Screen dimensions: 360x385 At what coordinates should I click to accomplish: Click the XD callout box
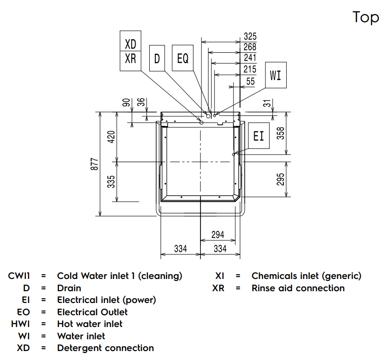coord(130,44)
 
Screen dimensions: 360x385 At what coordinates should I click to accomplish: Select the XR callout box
coord(130,59)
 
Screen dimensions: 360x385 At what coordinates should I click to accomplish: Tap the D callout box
coord(157,58)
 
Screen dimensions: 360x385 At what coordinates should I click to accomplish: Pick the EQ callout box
coord(183,58)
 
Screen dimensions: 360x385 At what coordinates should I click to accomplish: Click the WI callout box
coord(275,75)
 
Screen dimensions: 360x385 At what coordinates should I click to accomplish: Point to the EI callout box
coord(259,136)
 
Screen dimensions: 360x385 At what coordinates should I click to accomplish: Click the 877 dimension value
coord(95,164)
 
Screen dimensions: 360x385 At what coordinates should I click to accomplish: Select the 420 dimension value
coord(112,137)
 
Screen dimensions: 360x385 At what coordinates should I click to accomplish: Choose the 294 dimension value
coord(217,234)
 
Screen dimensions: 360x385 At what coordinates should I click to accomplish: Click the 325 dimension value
coord(250,36)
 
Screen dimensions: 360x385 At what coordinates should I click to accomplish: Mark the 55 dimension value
coord(250,81)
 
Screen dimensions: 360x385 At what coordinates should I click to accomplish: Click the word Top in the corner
coord(366,17)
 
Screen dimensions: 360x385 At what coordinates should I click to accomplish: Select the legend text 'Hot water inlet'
coord(89,324)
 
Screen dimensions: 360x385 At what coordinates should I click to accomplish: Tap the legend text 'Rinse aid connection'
coord(298,288)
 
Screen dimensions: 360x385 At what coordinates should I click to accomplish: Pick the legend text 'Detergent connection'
coord(105,348)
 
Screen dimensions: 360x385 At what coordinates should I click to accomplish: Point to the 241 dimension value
coord(250,58)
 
